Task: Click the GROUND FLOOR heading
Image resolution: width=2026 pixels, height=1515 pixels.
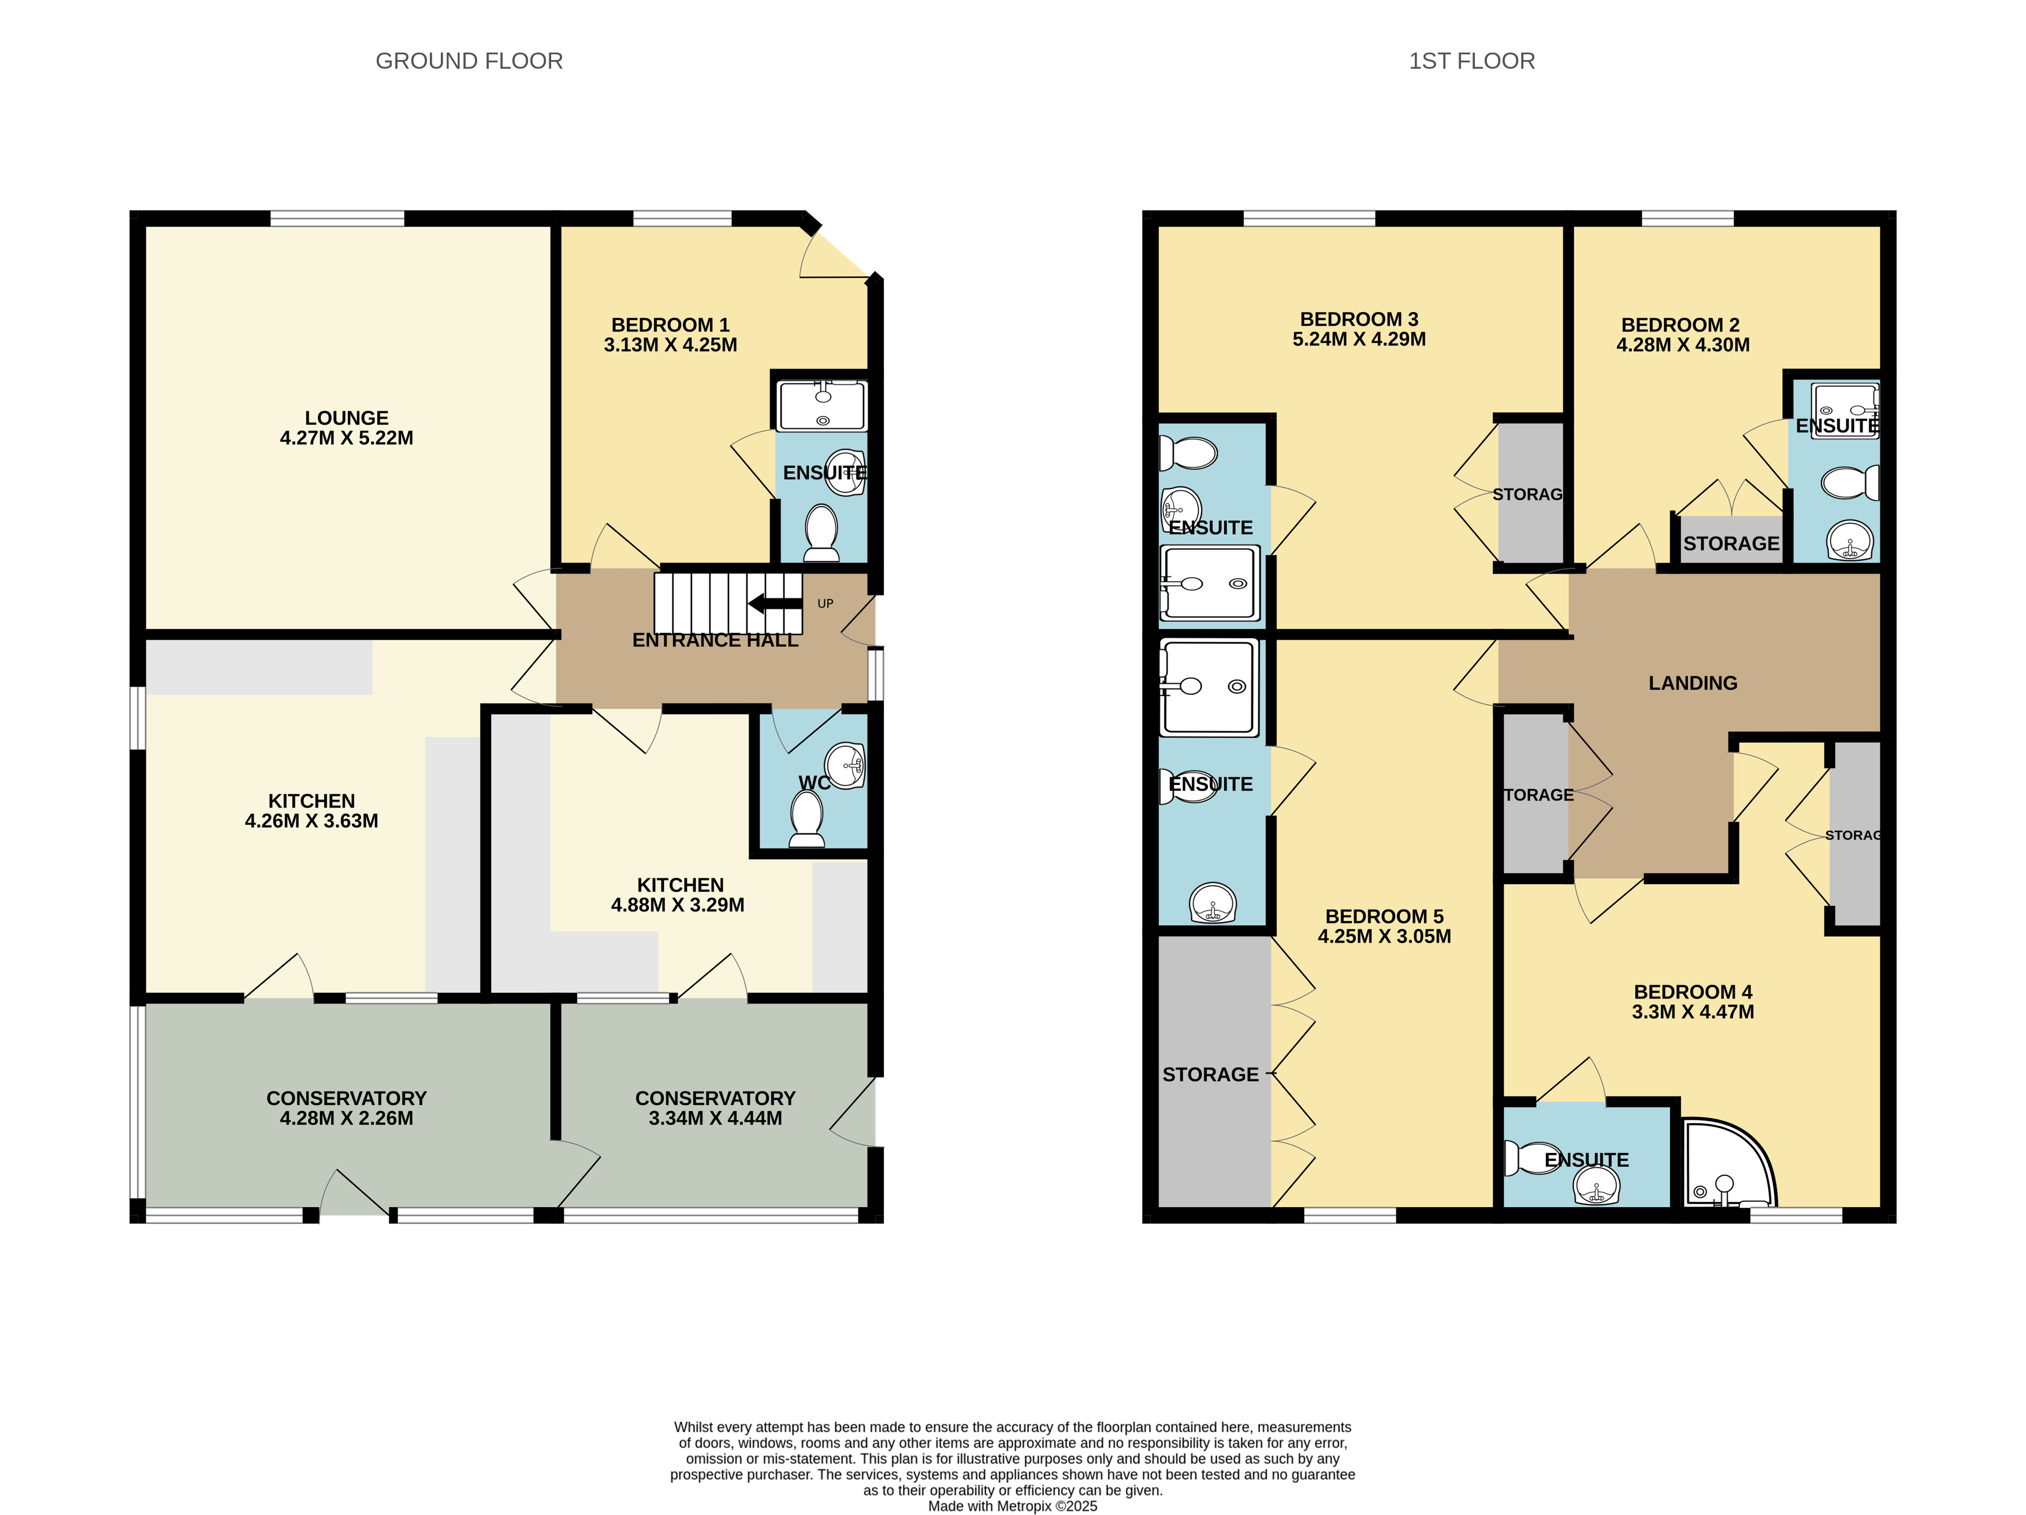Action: click(x=469, y=61)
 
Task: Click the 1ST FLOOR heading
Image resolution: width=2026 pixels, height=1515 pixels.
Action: click(x=1471, y=61)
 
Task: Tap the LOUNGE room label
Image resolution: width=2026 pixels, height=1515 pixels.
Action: click(x=346, y=418)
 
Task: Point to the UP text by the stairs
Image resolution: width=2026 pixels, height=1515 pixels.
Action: click(x=825, y=604)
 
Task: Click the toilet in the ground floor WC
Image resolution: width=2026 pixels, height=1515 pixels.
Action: click(x=807, y=818)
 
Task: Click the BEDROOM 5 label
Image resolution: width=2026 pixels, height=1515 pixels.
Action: click(x=1384, y=916)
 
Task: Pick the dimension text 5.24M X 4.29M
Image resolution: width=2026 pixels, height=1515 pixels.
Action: click(x=1358, y=339)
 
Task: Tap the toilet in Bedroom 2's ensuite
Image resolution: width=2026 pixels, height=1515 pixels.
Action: click(x=1848, y=483)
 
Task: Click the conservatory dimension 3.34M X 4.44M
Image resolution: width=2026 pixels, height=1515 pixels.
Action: click(x=715, y=1118)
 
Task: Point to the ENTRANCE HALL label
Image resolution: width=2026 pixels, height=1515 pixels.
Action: click(x=715, y=641)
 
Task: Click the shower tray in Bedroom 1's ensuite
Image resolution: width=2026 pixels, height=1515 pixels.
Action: click(x=821, y=406)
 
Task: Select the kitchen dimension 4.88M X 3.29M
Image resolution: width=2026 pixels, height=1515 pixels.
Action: click(x=677, y=905)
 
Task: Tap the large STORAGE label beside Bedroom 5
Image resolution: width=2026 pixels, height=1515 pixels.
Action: click(x=1210, y=1074)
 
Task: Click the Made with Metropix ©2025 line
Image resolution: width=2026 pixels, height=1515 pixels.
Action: click(x=1012, y=1506)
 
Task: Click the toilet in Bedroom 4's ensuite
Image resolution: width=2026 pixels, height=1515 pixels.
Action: click(x=1532, y=1158)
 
